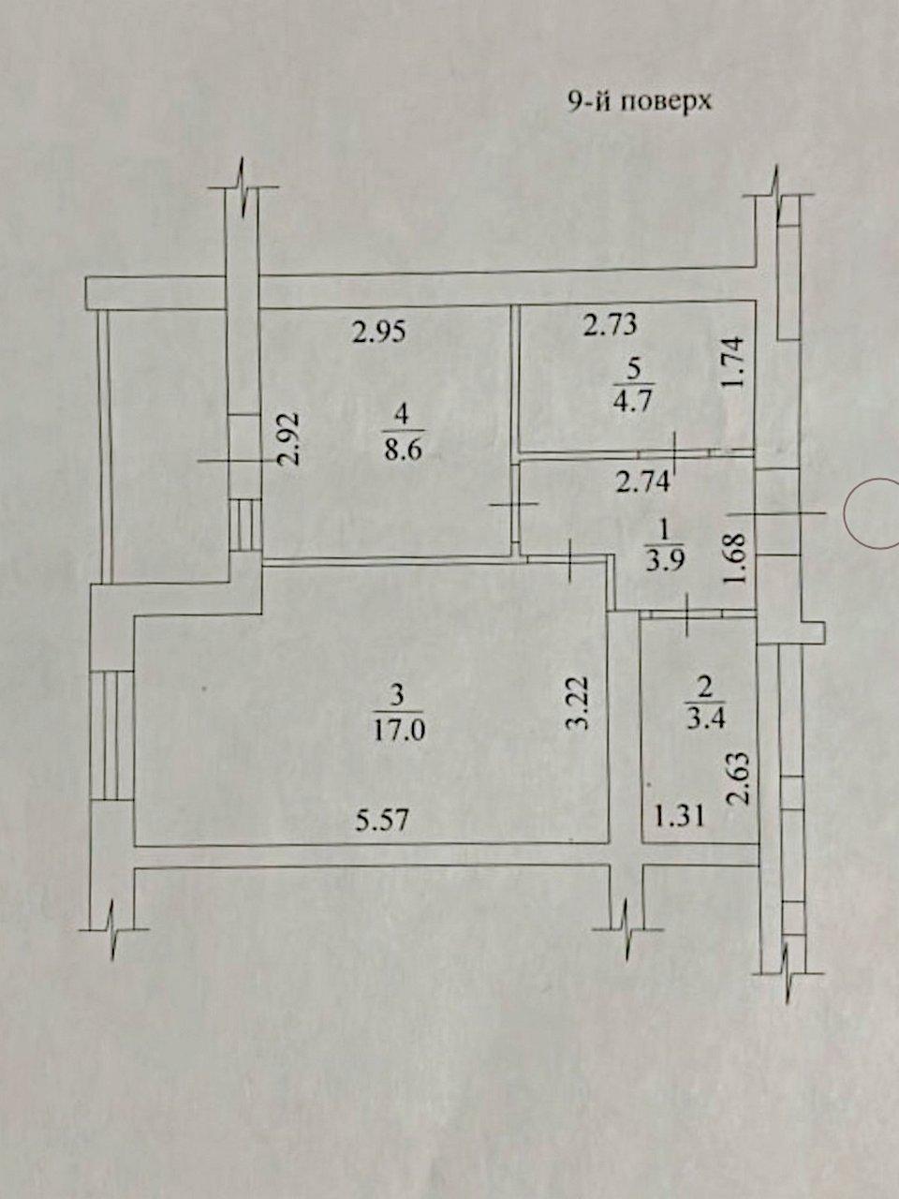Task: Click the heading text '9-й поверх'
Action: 641,101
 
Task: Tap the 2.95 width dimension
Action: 379,332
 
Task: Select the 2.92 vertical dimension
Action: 291,441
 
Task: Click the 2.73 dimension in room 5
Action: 610,325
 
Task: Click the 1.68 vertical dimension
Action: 735,559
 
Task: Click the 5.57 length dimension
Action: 383,821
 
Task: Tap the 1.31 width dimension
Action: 680,817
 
